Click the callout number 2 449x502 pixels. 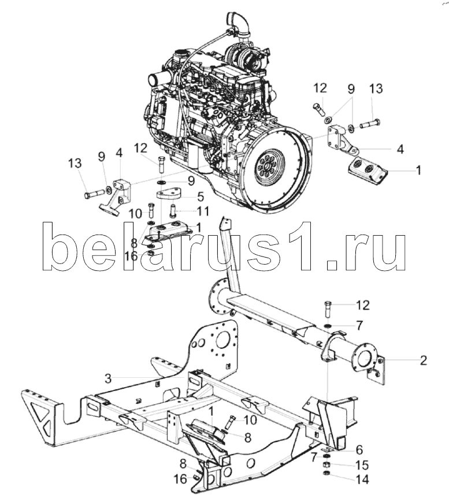tap(424, 360)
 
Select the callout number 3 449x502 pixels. tap(108, 378)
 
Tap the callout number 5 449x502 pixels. tap(201, 196)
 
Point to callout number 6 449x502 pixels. tap(359, 450)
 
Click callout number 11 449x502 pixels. tap(203, 211)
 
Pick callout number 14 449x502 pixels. tap(362, 479)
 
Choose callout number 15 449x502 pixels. tap(362, 465)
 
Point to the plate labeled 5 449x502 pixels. tap(169, 194)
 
